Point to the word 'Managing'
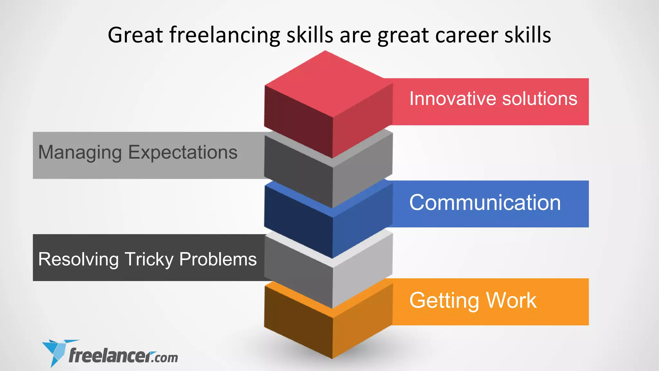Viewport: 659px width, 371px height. click(x=80, y=152)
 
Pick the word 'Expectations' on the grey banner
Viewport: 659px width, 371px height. click(x=183, y=152)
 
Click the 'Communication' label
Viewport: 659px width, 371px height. click(x=485, y=203)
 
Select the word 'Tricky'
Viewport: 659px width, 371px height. click(x=149, y=259)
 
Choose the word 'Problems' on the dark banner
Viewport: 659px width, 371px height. click(x=218, y=259)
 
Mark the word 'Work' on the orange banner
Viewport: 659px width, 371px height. click(x=511, y=300)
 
